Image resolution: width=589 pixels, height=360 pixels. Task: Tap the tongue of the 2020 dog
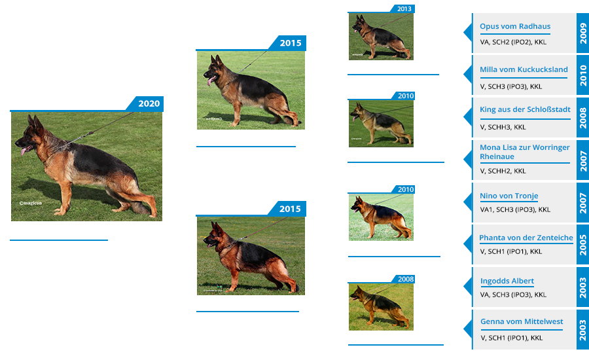pyautogui.click(x=24, y=151)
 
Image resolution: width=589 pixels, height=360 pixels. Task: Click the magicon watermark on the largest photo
pyautogui.click(x=31, y=203)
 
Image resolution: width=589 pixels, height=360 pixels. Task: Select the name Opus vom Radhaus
pyautogui.click(x=515, y=26)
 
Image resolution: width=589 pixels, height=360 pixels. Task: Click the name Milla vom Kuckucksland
pyautogui.click(x=524, y=69)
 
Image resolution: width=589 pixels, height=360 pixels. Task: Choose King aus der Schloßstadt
pyautogui.click(x=525, y=109)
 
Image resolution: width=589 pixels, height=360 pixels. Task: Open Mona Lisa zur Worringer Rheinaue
pyautogui.click(x=524, y=152)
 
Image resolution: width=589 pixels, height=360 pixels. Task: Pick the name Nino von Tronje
pyautogui.click(x=509, y=196)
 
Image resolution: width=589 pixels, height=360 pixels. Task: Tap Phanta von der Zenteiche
pyautogui.click(x=526, y=238)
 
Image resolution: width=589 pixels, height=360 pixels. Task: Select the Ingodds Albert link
pyautogui.click(x=507, y=281)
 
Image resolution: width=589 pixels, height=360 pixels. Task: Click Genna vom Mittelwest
pyautogui.click(x=522, y=321)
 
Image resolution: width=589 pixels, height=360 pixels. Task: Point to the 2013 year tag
pyautogui.click(x=404, y=9)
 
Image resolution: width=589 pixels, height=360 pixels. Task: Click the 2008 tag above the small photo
pyautogui.click(x=405, y=279)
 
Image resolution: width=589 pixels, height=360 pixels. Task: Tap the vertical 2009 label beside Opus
pyautogui.click(x=582, y=33)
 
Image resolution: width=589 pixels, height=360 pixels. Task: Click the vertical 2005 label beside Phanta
pyautogui.click(x=582, y=245)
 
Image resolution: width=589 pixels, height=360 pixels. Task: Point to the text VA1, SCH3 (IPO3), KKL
pyautogui.click(x=515, y=209)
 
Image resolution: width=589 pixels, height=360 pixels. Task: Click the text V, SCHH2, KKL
pyautogui.click(x=503, y=171)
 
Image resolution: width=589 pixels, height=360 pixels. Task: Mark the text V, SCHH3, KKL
pyautogui.click(x=503, y=127)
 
